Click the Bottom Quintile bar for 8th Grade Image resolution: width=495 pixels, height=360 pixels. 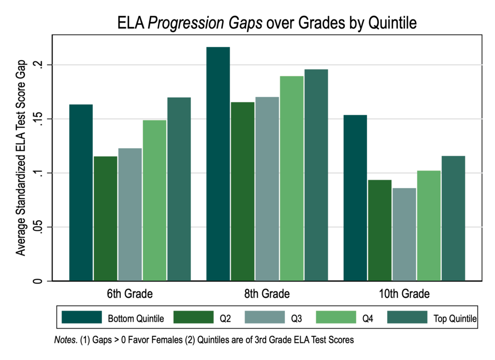(218, 164)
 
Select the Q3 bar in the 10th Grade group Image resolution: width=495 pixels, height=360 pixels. (404, 234)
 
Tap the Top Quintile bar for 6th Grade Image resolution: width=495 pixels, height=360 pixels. (179, 189)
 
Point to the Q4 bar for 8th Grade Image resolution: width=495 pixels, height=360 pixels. (291, 178)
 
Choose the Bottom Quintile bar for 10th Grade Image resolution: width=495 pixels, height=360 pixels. (355, 198)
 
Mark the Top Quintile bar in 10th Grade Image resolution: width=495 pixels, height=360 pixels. (453, 218)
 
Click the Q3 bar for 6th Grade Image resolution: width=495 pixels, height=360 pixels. (130, 215)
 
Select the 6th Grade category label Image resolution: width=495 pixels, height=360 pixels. (130, 293)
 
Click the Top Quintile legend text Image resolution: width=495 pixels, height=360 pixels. (455, 318)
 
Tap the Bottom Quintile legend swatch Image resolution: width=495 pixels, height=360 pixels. (82, 317)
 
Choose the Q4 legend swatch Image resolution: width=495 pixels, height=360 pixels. (336, 317)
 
